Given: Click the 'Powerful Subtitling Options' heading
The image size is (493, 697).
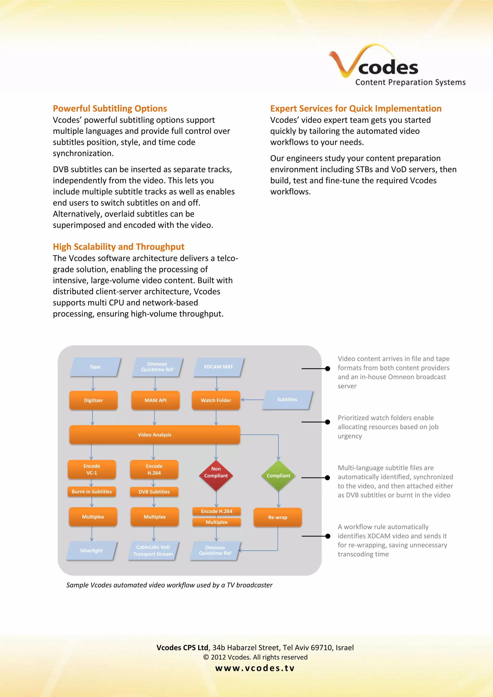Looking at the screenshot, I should pyautogui.click(x=110, y=108).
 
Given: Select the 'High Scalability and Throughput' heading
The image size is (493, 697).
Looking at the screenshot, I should pyautogui.click(x=118, y=246).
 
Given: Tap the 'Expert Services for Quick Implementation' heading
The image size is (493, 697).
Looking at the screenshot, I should pyautogui.click(x=356, y=108).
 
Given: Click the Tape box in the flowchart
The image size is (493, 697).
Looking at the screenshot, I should pyautogui.click(x=95, y=367).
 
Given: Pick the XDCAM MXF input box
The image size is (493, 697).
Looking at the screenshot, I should pyautogui.click(x=218, y=367).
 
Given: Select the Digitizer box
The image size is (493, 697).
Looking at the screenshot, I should pyautogui.click(x=93, y=400).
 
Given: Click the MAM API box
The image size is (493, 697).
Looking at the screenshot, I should pyautogui.click(x=156, y=400).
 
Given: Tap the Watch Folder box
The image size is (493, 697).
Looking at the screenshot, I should pyautogui.click(x=216, y=400).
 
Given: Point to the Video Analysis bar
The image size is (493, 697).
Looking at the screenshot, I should pyautogui.click(x=155, y=435).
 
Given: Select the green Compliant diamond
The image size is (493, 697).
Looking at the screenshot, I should pyautogui.click(x=278, y=475).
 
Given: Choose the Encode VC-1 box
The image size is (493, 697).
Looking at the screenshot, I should pyautogui.click(x=92, y=469).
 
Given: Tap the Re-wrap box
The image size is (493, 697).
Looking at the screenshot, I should pyautogui.click(x=278, y=517).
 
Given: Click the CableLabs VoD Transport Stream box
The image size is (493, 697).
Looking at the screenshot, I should pyautogui.click(x=153, y=550).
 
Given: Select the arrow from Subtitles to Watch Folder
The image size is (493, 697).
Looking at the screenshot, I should pyautogui.click(x=252, y=400).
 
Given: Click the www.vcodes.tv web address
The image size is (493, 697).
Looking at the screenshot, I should pyautogui.click(x=255, y=668).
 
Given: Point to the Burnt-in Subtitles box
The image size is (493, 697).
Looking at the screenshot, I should pyautogui.click(x=92, y=491).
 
